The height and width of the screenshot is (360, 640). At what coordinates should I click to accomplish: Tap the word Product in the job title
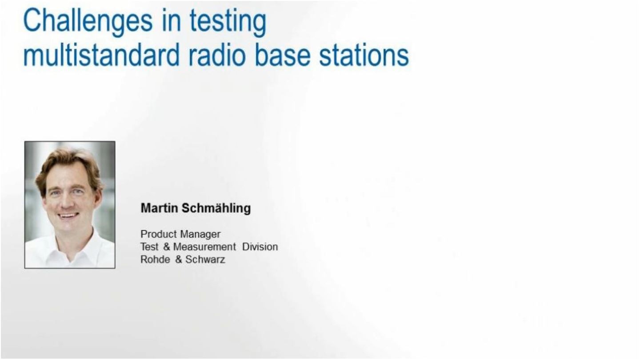pyautogui.click(x=159, y=234)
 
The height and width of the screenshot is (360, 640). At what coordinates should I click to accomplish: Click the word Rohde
pyautogui.click(x=155, y=260)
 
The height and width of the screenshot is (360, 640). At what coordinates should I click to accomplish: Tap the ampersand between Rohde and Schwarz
pyautogui.click(x=178, y=260)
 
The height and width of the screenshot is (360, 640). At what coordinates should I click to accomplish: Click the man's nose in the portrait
pyautogui.click(x=68, y=201)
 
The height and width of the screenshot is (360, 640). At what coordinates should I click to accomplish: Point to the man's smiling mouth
pyautogui.click(x=68, y=216)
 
